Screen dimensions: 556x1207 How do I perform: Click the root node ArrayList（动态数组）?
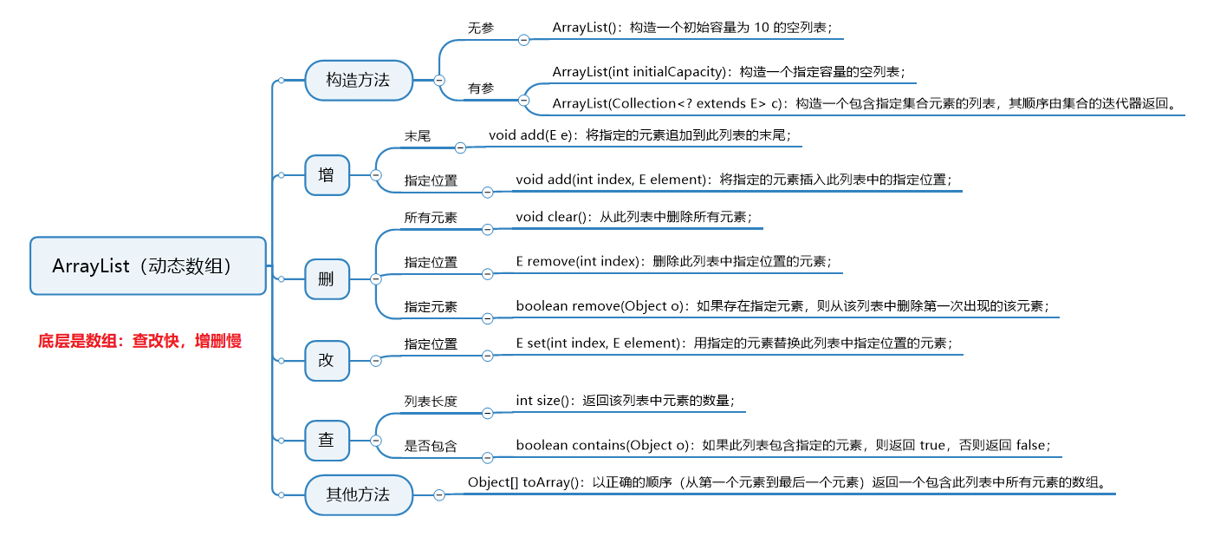click(x=147, y=265)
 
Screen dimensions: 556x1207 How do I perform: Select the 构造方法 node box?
click(x=358, y=80)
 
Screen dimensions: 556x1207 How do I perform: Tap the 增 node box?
click(x=326, y=174)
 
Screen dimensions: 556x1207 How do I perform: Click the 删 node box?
click(x=326, y=279)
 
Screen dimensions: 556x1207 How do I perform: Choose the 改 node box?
click(x=326, y=360)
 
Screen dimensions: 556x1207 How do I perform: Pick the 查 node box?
click(x=326, y=440)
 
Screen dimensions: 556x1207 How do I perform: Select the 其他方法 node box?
click(x=358, y=494)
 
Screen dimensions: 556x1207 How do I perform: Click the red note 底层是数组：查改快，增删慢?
click(x=140, y=341)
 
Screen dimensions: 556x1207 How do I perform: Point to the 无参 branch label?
click(x=481, y=28)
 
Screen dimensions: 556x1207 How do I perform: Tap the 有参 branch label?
click(x=481, y=88)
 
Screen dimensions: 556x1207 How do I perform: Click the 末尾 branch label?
click(x=417, y=136)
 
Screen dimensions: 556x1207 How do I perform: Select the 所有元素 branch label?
click(x=431, y=218)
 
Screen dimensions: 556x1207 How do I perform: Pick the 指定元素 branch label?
click(x=431, y=307)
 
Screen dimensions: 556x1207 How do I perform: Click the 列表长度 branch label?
click(x=431, y=401)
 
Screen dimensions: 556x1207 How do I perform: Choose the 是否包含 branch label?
click(x=431, y=446)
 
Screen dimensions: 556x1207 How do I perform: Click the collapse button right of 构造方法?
click(x=439, y=80)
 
